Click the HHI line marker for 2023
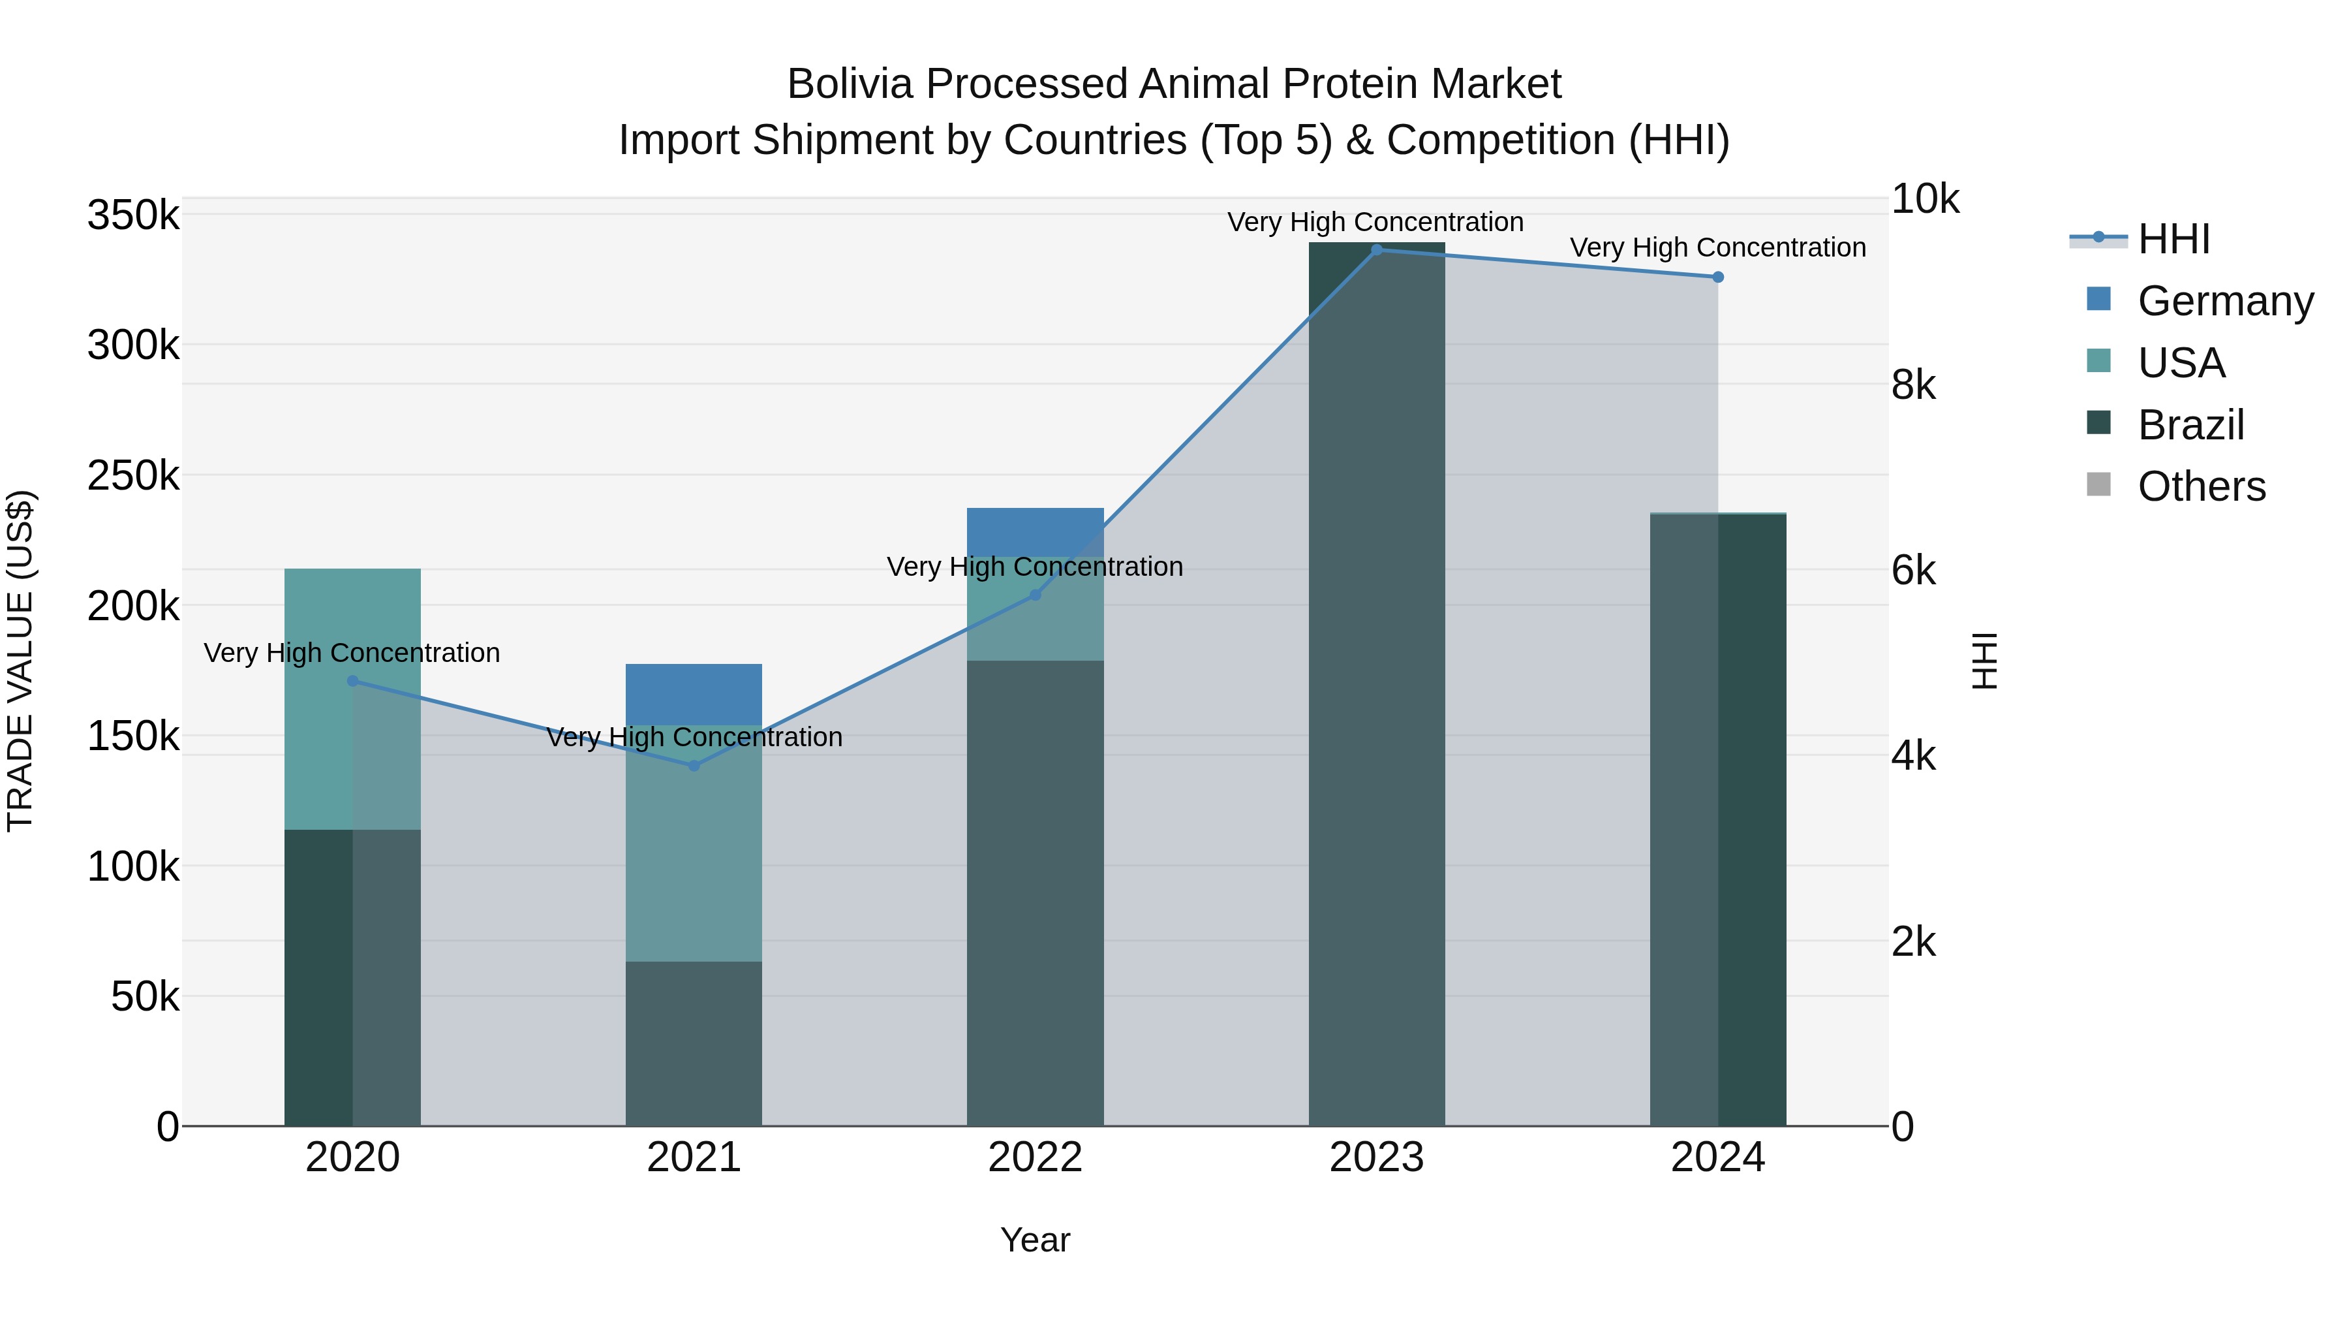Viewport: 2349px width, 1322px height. pos(1377,249)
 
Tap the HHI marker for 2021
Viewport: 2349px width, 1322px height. pos(694,766)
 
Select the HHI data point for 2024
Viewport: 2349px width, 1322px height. pos(1718,276)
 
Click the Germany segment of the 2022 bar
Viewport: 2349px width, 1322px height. pos(1035,530)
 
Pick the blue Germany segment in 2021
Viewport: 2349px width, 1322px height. pos(694,693)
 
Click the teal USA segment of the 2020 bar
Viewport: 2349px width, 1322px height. pos(319,698)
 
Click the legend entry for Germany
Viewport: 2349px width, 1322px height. pos(2225,301)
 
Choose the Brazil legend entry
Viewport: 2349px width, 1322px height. pos(2190,425)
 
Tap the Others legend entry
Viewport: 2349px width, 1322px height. pos(2202,486)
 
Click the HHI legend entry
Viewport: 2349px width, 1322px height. pos(2174,239)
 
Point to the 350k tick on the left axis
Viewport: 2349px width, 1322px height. pos(133,216)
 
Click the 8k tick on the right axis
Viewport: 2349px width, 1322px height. pos(1913,385)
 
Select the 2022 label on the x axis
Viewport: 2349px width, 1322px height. pos(1035,1157)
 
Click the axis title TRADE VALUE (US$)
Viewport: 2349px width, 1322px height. pos(20,661)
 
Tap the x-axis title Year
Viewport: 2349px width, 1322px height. pos(1035,1240)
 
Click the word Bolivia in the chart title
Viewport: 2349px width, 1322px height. pos(849,84)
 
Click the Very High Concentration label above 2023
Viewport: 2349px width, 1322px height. pos(1375,222)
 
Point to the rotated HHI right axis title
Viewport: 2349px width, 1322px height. pos(1985,661)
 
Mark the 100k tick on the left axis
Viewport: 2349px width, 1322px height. pos(133,867)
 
